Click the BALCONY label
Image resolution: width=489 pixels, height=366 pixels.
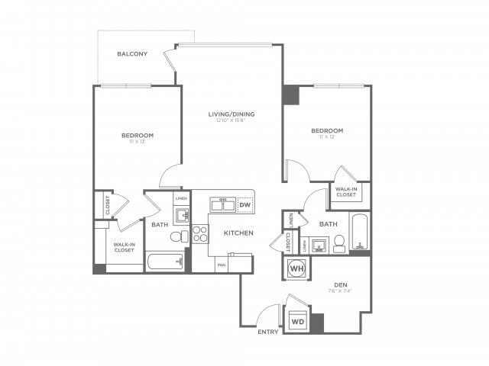133,54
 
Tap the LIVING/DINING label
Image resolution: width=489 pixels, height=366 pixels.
232,114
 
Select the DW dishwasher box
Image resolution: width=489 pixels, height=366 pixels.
244,205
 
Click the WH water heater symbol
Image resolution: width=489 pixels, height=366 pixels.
296,268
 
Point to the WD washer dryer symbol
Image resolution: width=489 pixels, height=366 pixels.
297,322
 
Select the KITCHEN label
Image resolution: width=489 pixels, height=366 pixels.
238,233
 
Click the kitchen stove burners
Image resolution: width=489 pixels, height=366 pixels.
199,233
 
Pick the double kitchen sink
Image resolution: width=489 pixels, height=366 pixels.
224,205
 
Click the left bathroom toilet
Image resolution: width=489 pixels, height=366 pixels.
176,237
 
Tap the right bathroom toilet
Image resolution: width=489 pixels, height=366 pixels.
340,244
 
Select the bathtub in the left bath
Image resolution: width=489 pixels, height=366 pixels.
165,263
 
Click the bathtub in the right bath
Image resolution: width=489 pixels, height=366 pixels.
360,231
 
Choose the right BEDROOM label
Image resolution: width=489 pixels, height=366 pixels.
326,131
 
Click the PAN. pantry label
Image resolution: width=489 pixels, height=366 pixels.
221,265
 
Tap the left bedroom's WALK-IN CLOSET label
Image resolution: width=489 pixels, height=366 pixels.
125,248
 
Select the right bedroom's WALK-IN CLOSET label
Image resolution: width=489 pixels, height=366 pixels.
346,192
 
